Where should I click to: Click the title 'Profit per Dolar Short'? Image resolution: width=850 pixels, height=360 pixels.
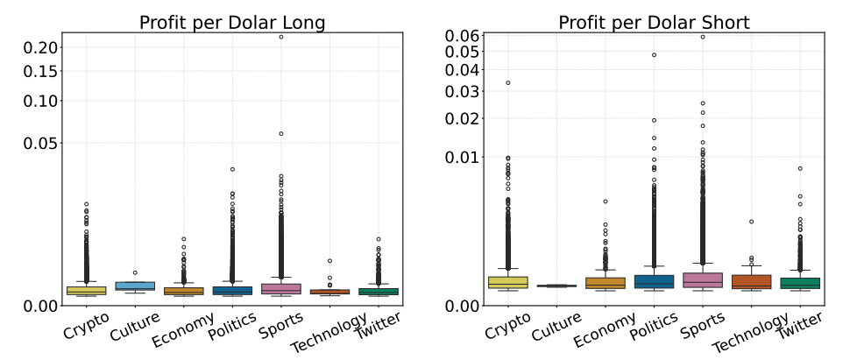pos(654,22)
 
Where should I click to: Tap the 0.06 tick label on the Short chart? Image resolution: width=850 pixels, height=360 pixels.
pos(460,36)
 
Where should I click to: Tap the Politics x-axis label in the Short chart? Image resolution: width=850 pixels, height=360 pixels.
pos(651,331)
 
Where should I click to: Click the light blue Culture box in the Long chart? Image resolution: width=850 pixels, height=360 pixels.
pos(135,286)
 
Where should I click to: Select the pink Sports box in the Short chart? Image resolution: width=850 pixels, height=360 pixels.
pos(702,279)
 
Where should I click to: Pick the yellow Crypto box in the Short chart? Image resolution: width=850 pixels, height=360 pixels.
pos(508,282)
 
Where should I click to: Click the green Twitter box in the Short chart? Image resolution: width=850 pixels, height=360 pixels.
pos(799,283)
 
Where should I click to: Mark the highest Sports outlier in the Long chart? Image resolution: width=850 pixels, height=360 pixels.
pos(281,37)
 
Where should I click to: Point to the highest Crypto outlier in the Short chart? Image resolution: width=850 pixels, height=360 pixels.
pos(508,83)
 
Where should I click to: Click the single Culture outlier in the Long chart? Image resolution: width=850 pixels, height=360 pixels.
pos(135,273)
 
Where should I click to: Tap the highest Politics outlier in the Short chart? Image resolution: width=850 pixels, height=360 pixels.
pos(654,55)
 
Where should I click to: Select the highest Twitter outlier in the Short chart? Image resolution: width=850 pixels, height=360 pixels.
pos(799,168)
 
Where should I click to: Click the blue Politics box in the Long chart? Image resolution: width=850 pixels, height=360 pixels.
pos(232,290)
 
